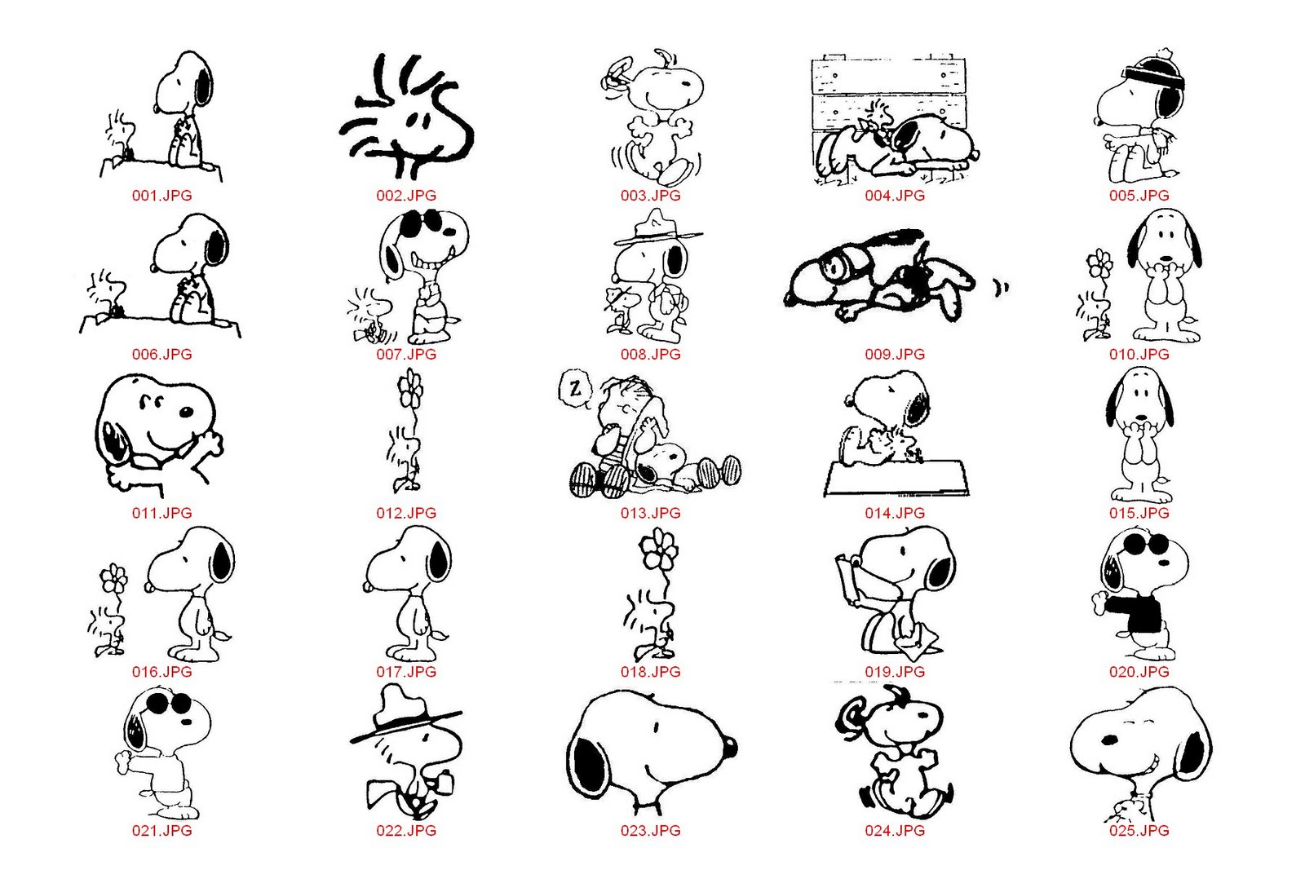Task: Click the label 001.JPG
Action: coord(162,196)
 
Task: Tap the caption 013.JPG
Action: coord(650,513)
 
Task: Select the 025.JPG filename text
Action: coord(1139,830)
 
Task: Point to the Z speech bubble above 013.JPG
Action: coord(576,387)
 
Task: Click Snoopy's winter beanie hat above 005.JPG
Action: coord(1155,70)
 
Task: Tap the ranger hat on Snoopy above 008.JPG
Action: coord(657,227)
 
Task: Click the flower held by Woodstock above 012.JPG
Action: coord(411,389)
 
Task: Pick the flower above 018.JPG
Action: coord(658,549)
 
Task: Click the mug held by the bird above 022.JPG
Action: coord(445,782)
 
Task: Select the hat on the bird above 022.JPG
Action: coord(406,713)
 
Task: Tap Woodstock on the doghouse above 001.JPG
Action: coord(121,136)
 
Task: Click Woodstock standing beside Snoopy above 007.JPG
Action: coord(370,315)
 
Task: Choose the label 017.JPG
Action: coord(406,671)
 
